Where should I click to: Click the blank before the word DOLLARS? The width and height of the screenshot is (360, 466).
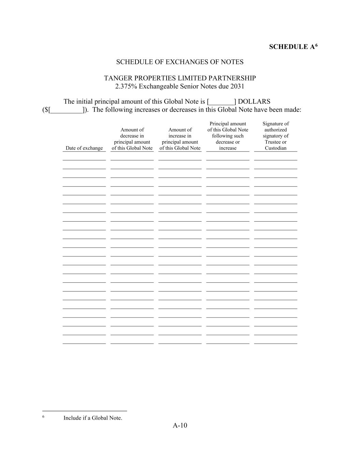click(x=221, y=102)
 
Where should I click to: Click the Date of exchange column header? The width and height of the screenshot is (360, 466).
click(x=84, y=148)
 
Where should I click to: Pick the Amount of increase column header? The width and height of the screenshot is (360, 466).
click(x=180, y=139)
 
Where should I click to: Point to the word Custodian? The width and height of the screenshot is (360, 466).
click(x=276, y=148)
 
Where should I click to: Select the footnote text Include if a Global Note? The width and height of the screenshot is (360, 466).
click(x=92, y=418)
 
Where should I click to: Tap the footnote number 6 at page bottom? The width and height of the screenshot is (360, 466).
click(x=43, y=417)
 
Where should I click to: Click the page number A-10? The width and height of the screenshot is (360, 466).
click(x=180, y=425)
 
